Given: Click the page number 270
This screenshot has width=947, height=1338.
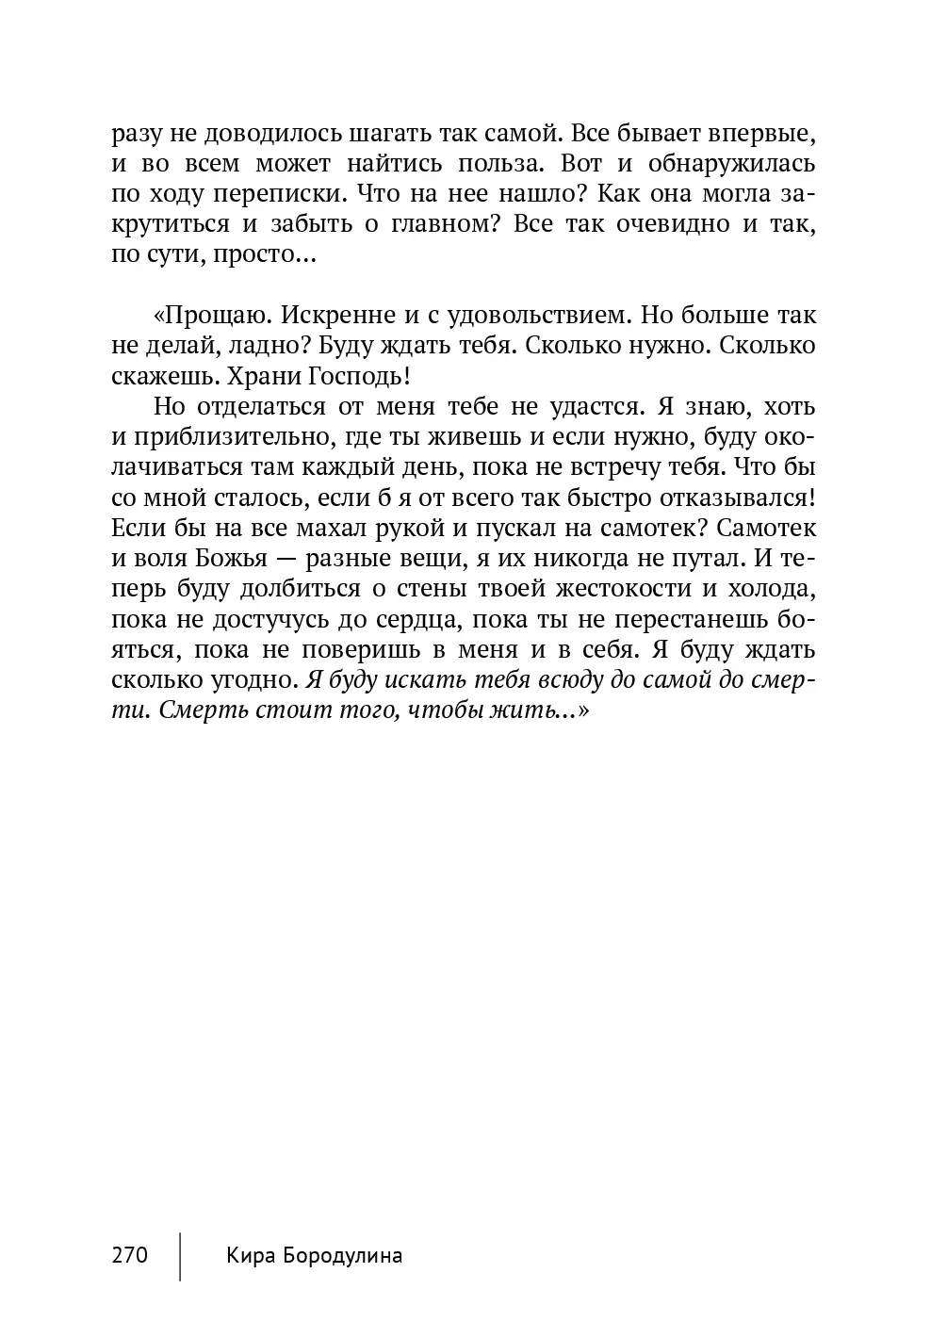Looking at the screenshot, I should click(x=130, y=1255).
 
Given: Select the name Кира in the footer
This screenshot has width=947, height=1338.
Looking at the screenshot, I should click(x=248, y=1255).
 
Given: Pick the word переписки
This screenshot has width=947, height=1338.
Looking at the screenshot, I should click(x=262, y=194).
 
